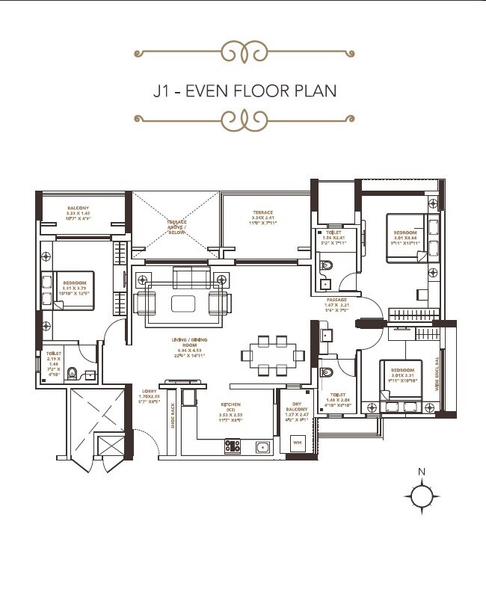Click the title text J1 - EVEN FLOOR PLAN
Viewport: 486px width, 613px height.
(x=244, y=90)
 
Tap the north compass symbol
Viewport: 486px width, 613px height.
(x=422, y=494)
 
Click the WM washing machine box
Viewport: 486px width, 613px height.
(x=297, y=443)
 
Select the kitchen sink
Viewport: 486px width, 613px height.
(x=262, y=447)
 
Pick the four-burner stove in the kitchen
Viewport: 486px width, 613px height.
(x=233, y=446)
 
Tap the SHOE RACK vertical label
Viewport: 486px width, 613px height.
(x=173, y=414)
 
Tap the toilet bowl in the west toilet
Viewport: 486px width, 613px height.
(x=73, y=373)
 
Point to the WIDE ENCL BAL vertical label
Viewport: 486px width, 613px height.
(x=449, y=370)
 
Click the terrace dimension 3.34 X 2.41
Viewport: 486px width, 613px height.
(x=262, y=217)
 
